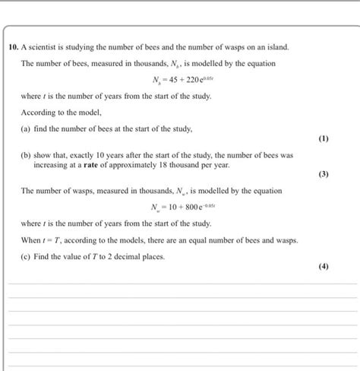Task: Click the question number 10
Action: click(x=14, y=46)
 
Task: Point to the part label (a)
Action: click(x=27, y=129)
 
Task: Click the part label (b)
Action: click(x=27, y=154)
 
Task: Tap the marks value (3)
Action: click(x=324, y=174)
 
